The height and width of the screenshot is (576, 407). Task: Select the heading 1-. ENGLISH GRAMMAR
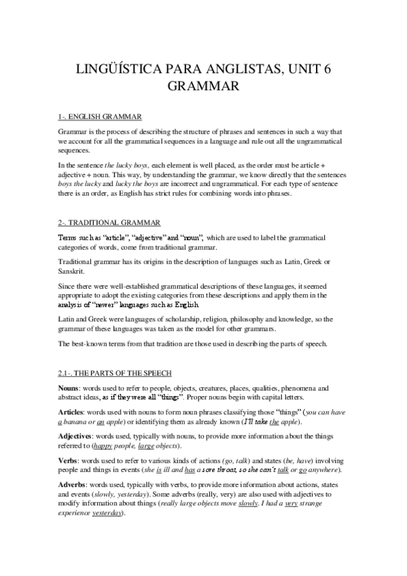pyautogui.click(x=100, y=117)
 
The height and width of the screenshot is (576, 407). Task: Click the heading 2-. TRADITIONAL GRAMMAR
pyautogui.click(x=109, y=223)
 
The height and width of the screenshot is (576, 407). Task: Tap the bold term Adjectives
pyautogui.click(x=76, y=436)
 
